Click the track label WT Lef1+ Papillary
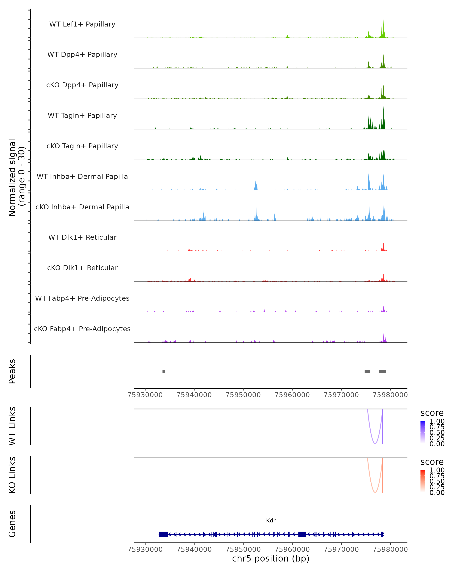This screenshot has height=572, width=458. click(x=82, y=24)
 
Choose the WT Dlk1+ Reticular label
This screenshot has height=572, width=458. click(x=82, y=237)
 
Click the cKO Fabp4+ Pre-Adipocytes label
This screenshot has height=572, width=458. click(x=82, y=329)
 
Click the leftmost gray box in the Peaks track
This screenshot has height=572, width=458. click(x=164, y=371)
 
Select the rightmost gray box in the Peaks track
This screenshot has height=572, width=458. click(x=382, y=371)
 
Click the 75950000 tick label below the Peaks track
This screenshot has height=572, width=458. click(x=243, y=395)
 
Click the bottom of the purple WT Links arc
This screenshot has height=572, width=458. click(x=375, y=443)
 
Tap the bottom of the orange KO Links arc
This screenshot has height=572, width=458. click(x=375, y=492)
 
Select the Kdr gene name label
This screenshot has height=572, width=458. click(x=271, y=521)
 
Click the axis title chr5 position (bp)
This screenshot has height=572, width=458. click(x=271, y=559)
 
